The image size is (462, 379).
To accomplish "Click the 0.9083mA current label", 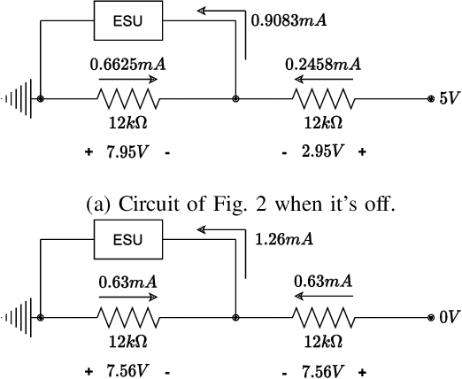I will coord(288,18).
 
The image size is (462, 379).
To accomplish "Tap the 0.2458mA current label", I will coord(323,64).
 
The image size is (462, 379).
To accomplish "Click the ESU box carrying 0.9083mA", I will coord(129,19).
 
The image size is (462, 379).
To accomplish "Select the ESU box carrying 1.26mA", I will coord(129,238).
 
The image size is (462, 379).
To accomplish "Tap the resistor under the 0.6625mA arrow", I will coord(129,98).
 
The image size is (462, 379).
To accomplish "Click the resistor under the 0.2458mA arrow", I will coord(323,98).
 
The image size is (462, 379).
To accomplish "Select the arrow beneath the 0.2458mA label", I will coord(323,78).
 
